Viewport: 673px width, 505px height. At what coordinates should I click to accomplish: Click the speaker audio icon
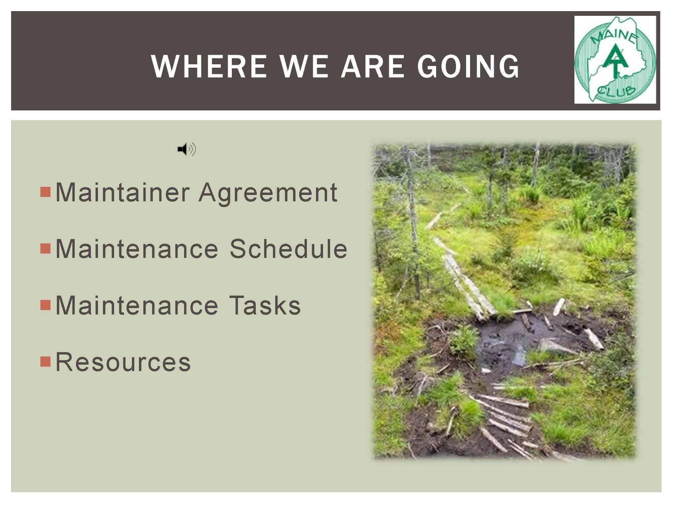coord(187,149)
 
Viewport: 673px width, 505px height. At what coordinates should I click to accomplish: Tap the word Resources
coord(123,362)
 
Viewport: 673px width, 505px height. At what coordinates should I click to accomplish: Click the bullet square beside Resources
coord(45,362)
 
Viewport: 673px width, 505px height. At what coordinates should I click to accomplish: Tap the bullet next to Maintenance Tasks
coord(45,305)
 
